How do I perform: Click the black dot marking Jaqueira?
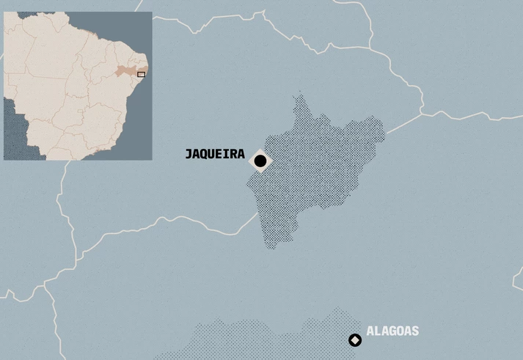tap(260, 161)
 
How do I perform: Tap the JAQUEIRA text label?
tap(214, 155)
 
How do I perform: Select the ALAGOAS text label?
tap(392, 331)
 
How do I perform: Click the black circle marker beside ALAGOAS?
tap(355, 340)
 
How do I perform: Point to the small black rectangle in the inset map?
tap(142, 74)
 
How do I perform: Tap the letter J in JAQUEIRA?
tap(189, 155)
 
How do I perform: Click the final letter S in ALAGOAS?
tap(414, 331)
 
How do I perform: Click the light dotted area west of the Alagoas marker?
tap(257, 337)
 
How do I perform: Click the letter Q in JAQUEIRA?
tap(205, 155)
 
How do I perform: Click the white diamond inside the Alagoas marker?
tap(355, 340)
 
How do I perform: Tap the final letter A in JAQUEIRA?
tap(241, 155)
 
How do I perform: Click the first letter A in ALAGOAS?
tap(370, 331)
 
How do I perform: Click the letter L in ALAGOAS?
tap(378, 331)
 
